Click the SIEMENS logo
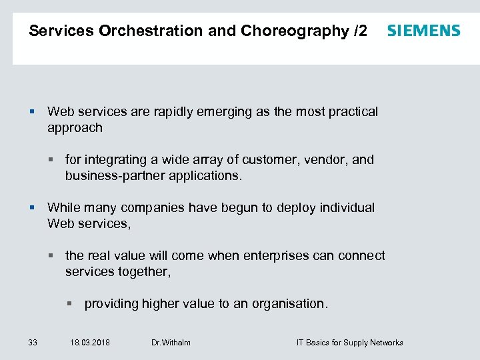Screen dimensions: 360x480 point(423,31)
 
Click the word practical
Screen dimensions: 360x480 point(351,112)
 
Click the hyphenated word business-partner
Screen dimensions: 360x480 point(111,176)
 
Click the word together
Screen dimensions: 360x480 point(143,272)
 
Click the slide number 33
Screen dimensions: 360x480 point(33,343)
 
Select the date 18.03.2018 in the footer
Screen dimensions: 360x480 point(90,343)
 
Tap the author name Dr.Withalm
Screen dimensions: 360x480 point(171,343)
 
